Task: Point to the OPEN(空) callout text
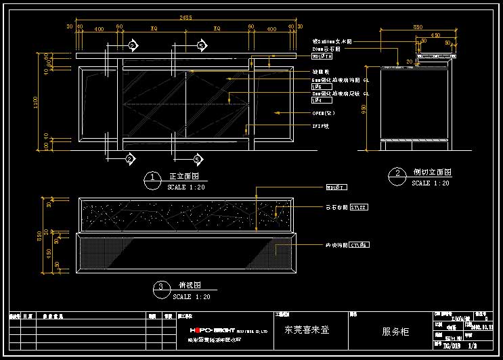(x=324, y=113)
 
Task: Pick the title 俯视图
(x=187, y=286)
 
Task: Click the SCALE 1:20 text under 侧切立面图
(x=431, y=183)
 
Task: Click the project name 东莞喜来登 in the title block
(x=307, y=331)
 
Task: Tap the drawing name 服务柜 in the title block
(x=396, y=332)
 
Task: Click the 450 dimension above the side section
(x=435, y=35)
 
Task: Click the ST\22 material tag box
(x=359, y=208)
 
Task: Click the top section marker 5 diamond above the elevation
(x=200, y=45)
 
